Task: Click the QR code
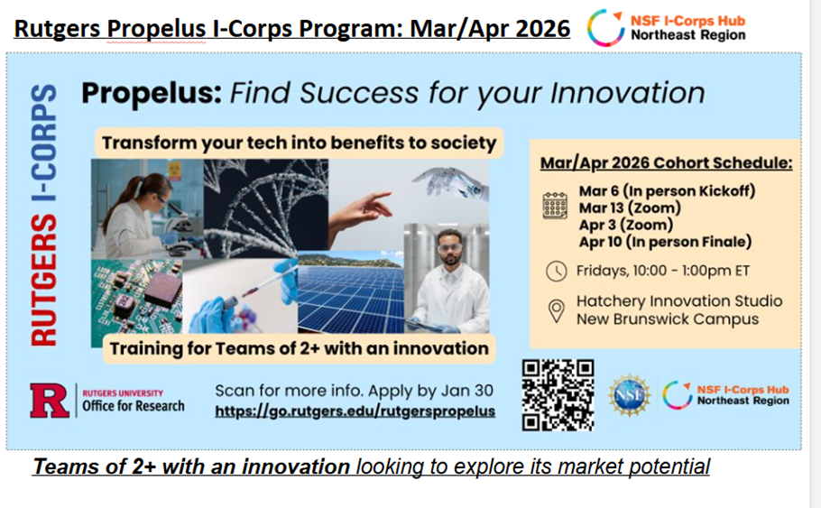tap(558, 395)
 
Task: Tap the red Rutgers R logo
tap(50, 401)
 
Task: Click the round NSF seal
tap(630, 395)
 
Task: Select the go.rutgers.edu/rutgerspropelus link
tap(355, 411)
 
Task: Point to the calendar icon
tap(555, 206)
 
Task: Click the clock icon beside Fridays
tap(556, 272)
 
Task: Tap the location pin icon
tap(556, 311)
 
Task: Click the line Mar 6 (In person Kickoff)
tap(667, 191)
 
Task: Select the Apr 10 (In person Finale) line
tap(665, 242)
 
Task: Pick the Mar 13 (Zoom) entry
tap(630, 208)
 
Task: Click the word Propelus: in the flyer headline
tap(152, 93)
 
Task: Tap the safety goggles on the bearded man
tap(450, 248)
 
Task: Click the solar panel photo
tap(351, 293)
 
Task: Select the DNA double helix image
tap(266, 209)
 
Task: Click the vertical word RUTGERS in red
tap(44, 281)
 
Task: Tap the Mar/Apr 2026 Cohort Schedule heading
tap(667, 163)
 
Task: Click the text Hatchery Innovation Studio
tap(679, 301)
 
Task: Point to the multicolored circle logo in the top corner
tap(605, 28)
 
